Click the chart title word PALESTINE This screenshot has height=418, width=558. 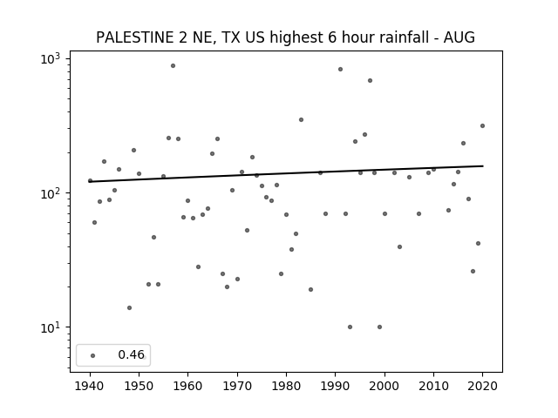(134, 37)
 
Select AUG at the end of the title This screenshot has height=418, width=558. (459, 37)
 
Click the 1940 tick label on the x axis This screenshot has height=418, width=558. (90, 386)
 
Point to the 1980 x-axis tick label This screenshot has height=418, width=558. (286, 386)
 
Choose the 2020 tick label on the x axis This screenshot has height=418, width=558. (482, 386)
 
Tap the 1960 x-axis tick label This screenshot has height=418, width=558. (188, 386)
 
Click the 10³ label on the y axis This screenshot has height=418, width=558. (51, 58)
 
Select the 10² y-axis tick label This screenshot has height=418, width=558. (51, 192)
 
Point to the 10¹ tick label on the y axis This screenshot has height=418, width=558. (51, 327)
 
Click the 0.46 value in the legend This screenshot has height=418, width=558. (131, 354)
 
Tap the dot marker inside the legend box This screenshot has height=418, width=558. (93, 355)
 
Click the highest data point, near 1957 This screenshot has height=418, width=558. (173, 66)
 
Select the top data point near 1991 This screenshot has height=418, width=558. (340, 70)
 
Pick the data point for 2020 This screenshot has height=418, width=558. (482, 125)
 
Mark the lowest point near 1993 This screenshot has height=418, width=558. (350, 327)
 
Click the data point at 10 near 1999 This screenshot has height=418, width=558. (380, 327)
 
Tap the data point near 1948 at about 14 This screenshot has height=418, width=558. (130, 307)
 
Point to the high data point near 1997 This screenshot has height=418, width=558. (370, 81)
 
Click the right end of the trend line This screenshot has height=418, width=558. (483, 166)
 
